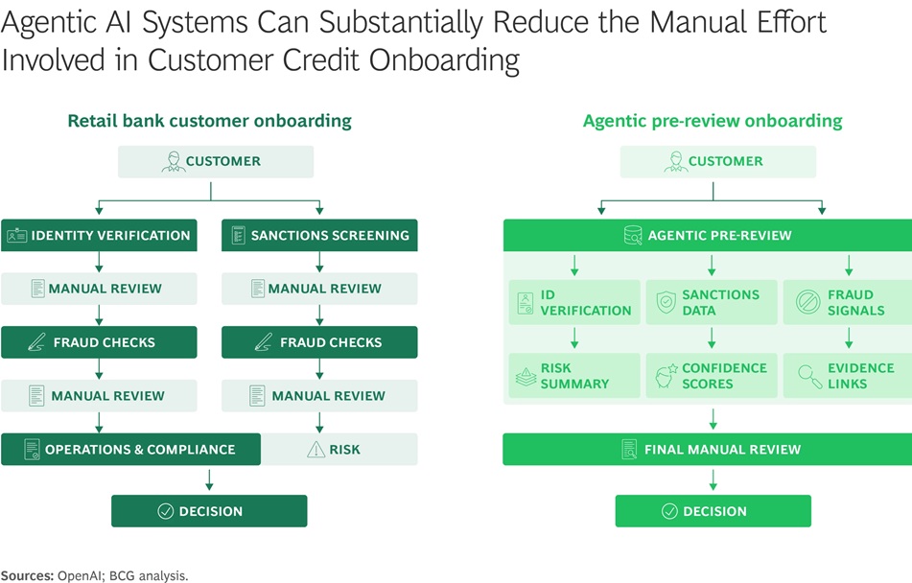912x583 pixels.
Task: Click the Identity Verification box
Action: [x=99, y=235]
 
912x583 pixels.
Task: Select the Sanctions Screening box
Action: [x=319, y=235]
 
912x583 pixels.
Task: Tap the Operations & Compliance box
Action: [x=130, y=449]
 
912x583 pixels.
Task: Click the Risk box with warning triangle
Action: [x=339, y=449]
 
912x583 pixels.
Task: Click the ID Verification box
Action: [x=574, y=302]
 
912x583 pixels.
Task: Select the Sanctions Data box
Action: [x=711, y=302]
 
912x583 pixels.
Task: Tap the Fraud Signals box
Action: [x=847, y=302]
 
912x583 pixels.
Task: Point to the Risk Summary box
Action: [x=574, y=375]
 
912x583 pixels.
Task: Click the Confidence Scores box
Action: [x=711, y=375]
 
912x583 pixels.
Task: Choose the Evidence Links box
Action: [x=847, y=375]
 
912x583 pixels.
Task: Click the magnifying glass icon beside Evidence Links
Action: [x=809, y=376]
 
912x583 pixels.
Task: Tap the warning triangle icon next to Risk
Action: [x=316, y=449]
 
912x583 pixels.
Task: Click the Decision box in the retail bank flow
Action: [x=209, y=511]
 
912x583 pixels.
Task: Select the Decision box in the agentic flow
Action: [x=713, y=511]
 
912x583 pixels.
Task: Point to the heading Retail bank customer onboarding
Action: [x=209, y=121]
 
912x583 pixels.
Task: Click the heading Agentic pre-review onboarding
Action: [x=713, y=121]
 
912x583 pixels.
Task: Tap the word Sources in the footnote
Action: [x=26, y=575]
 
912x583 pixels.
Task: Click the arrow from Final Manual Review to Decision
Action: [x=713, y=479]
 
